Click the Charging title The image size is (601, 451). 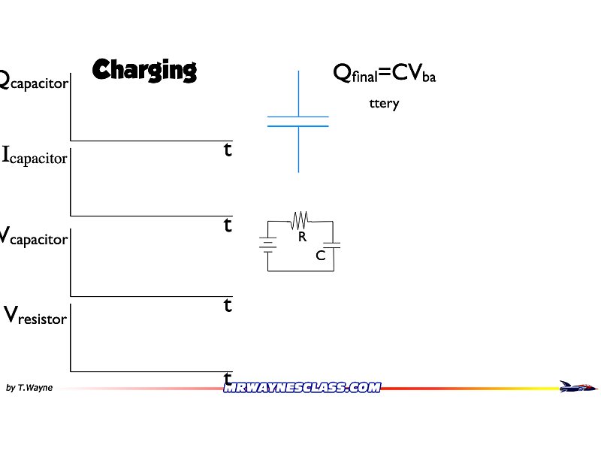point(144,70)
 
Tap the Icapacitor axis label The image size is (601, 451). point(35,157)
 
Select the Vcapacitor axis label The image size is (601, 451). point(34,238)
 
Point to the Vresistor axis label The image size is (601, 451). point(36,316)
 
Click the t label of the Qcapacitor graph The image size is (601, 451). point(228,150)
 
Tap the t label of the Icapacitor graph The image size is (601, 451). point(228,225)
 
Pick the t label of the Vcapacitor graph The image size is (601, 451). point(228,305)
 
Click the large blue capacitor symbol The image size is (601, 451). point(298,122)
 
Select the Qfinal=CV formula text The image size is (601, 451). point(384,74)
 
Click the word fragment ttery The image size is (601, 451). point(384,104)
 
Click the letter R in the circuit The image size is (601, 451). point(302,237)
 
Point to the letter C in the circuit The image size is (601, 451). point(320,256)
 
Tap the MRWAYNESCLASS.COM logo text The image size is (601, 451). point(302,388)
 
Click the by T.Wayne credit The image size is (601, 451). point(29,388)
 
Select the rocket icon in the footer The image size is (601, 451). point(578,386)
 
